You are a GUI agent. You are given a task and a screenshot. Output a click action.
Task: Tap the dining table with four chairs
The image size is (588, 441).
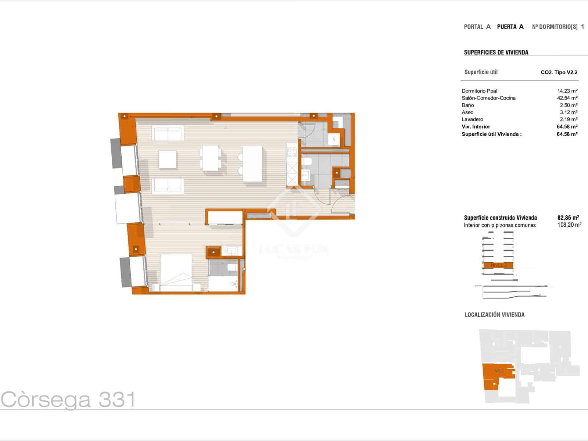[210, 158]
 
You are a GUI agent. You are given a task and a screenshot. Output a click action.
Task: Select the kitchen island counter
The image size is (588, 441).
[252, 164]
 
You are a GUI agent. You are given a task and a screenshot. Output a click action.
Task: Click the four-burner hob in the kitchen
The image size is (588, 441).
[292, 152]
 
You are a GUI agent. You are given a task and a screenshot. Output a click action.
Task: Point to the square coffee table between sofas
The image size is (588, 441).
[168, 159]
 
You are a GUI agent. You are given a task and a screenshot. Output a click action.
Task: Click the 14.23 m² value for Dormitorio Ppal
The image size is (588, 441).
[567, 91]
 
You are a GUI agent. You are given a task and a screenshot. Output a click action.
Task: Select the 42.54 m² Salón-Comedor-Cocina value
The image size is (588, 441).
[567, 98]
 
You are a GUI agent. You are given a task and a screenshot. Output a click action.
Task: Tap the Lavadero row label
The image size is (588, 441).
[472, 119]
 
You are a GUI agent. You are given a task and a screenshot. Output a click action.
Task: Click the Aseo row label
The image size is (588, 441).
[467, 112]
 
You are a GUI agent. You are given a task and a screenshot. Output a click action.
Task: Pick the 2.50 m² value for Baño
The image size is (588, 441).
[568, 105]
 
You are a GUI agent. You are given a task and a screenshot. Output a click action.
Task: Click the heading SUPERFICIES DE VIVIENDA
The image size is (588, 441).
[496, 52]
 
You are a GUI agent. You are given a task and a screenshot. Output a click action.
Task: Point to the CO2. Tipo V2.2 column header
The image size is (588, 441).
[559, 72]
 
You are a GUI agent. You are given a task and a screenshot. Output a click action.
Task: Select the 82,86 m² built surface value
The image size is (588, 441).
[568, 217]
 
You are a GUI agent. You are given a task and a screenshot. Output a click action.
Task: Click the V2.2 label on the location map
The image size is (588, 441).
[499, 371]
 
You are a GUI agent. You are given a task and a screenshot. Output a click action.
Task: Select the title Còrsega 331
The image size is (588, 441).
[68, 399]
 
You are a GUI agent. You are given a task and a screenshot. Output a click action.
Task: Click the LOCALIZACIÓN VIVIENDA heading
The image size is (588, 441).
[494, 315]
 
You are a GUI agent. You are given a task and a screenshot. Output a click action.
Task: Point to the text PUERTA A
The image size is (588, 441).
[510, 26]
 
